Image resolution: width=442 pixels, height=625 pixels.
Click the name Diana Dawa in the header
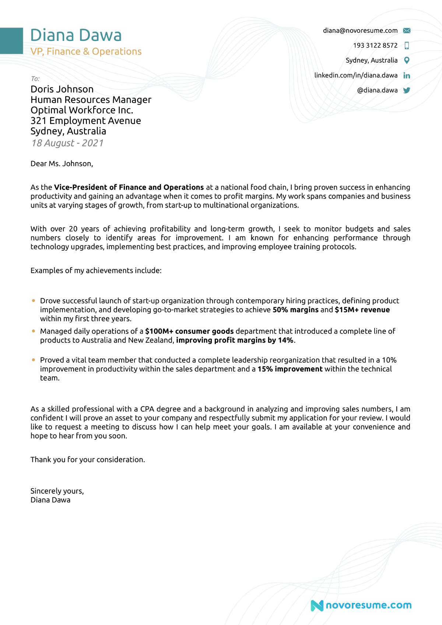pyautogui.click(x=76, y=35)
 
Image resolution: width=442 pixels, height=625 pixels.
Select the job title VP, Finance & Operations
pyautogui.click(x=86, y=52)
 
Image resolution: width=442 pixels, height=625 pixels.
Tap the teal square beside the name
pyautogui.click(x=11, y=41)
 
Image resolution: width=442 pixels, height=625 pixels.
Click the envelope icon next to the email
pyautogui.click(x=407, y=31)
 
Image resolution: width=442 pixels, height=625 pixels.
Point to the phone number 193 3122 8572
pyautogui.click(x=375, y=45)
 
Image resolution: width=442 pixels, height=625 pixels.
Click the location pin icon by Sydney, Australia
pyautogui.click(x=407, y=60)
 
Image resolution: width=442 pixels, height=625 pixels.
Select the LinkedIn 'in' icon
pyautogui.click(x=407, y=75)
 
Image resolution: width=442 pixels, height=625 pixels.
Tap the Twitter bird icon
pyautogui.click(x=407, y=90)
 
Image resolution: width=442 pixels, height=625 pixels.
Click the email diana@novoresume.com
pyautogui.click(x=360, y=31)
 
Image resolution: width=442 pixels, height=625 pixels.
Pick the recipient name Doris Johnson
pyautogui.click(x=62, y=89)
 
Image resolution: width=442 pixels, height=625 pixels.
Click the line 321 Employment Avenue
pyautogui.click(x=85, y=121)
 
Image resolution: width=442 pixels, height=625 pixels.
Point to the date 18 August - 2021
pyautogui.click(x=67, y=143)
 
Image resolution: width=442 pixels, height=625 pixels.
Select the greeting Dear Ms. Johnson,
pyautogui.click(x=62, y=163)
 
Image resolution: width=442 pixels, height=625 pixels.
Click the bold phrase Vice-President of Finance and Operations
pyautogui.click(x=129, y=187)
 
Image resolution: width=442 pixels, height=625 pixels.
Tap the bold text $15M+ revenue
pyautogui.click(x=362, y=310)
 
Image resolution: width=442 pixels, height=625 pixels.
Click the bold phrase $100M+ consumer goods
pyautogui.click(x=189, y=331)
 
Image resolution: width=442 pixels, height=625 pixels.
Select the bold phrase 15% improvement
pyautogui.click(x=290, y=369)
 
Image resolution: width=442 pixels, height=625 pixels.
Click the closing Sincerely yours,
pyautogui.click(x=57, y=491)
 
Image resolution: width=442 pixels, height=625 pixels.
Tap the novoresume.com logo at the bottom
pyautogui.click(x=361, y=605)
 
